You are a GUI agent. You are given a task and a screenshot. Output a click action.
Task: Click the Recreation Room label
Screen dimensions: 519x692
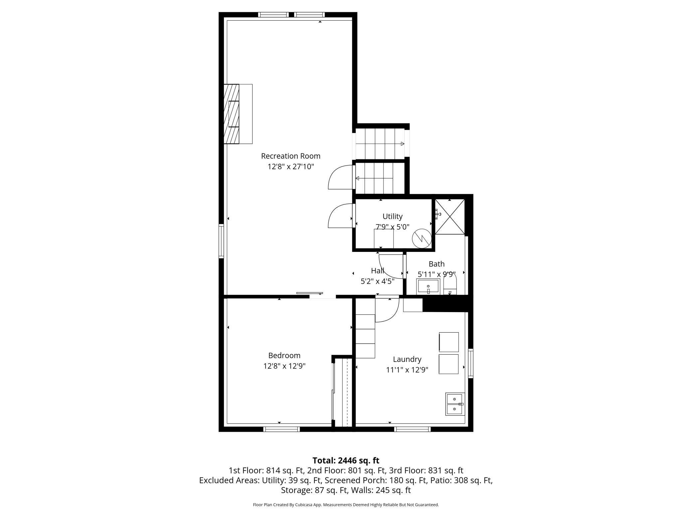(290, 156)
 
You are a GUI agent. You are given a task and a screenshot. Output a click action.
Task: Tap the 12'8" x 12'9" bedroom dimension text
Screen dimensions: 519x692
(284, 366)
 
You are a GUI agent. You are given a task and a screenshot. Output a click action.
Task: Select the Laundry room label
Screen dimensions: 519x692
(407, 359)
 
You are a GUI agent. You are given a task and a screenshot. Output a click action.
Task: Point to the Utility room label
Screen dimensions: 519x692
(392, 217)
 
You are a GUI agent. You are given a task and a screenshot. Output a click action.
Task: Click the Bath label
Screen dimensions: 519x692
(436, 264)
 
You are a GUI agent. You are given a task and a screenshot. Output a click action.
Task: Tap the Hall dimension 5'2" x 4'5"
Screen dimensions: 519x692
(377, 281)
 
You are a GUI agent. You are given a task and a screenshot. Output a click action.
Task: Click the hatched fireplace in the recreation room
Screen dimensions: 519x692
(232, 114)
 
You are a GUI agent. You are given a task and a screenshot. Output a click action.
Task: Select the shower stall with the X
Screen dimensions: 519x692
(450, 217)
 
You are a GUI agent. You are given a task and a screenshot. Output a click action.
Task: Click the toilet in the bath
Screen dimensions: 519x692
(450, 286)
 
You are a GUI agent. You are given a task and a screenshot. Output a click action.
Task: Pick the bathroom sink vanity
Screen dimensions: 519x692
(428, 287)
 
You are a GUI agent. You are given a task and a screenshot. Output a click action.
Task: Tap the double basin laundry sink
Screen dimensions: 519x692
(454, 404)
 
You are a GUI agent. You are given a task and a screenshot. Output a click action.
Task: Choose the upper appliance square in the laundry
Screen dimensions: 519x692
(448, 342)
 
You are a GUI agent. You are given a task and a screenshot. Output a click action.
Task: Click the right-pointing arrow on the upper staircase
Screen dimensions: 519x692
(402, 144)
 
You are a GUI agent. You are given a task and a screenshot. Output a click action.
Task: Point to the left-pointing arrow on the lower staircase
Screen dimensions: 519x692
(357, 178)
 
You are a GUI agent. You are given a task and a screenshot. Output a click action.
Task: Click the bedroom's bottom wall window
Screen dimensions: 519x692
(281, 429)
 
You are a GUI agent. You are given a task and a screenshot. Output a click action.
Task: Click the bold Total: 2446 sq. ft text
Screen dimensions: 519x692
(346, 460)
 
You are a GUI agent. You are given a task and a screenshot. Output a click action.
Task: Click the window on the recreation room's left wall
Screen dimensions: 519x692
(221, 241)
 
